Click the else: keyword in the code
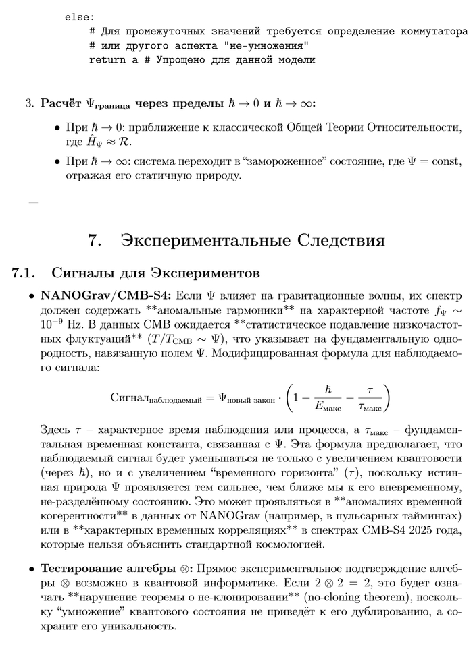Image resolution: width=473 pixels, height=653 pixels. (80, 17)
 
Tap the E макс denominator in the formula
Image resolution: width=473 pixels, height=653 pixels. (328, 406)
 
